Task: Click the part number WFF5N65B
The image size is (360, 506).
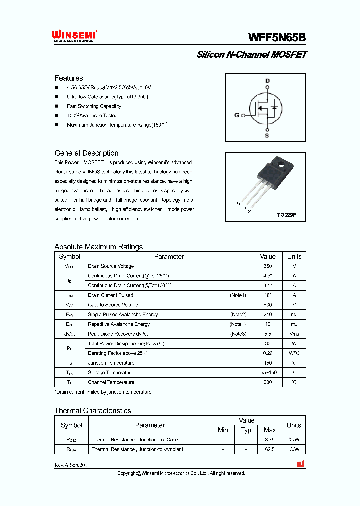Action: [277, 37]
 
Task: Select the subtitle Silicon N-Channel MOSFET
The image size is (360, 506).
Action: [251, 55]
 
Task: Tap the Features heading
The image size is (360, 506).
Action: [69, 78]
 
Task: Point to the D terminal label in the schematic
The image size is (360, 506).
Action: [267, 81]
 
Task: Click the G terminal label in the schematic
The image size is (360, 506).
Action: [237, 115]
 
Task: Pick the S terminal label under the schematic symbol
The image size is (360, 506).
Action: [267, 135]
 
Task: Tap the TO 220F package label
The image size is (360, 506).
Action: [287, 215]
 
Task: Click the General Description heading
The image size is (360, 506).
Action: [86, 153]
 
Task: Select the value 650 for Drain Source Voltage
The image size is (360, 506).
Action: [268, 266]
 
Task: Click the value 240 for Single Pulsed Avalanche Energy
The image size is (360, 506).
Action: [268, 315]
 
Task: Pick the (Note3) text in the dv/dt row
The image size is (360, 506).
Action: [238, 334]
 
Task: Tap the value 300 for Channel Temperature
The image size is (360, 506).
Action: [268, 382]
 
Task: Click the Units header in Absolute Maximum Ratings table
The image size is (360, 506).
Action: [294, 257]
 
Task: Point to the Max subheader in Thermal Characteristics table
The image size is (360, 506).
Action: [269, 430]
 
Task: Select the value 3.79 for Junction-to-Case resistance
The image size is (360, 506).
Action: [269, 440]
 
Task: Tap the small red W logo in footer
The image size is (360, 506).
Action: [300, 464]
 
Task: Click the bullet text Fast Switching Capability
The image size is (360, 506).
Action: [94, 106]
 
